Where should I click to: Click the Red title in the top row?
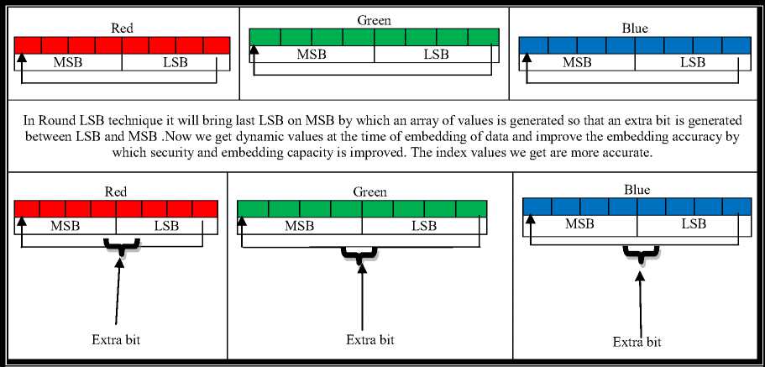123,28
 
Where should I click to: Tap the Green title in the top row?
374,20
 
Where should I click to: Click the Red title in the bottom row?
116,192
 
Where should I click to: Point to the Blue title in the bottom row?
637,190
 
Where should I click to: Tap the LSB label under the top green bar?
436,55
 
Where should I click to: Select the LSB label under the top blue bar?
693,62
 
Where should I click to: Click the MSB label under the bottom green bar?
301,226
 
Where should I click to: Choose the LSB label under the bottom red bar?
166,226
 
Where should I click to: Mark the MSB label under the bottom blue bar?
579,223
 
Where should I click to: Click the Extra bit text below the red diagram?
116,340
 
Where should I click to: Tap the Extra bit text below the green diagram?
369,340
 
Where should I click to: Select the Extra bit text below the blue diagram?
637,342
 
